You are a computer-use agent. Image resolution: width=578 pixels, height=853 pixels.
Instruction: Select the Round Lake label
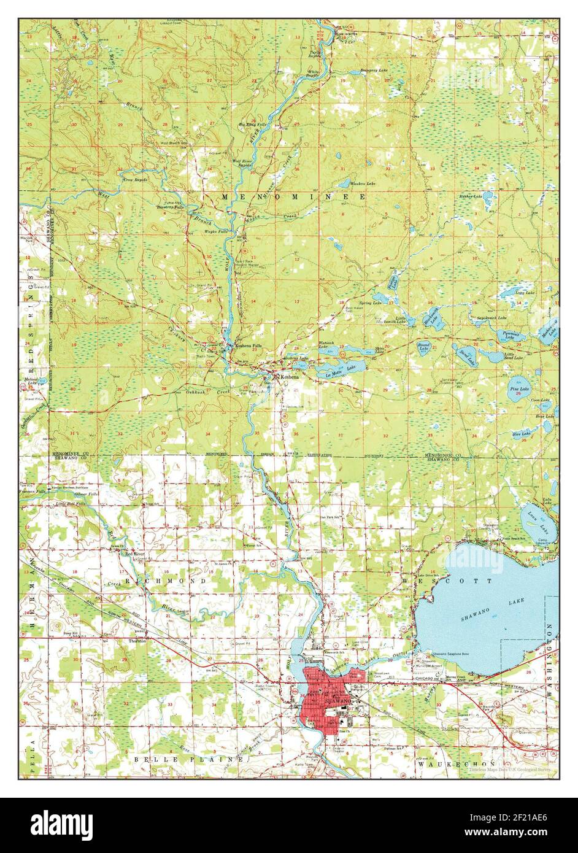pyautogui.click(x=423, y=346)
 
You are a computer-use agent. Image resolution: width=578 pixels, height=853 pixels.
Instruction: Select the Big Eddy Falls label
pyautogui.click(x=253, y=124)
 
